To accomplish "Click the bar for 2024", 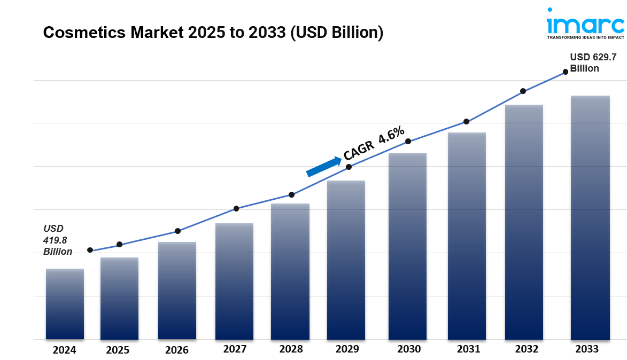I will pyautogui.click(x=65, y=304).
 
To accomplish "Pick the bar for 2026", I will pyautogui.click(x=177, y=291).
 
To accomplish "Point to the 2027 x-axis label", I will pyautogui.click(x=235, y=349).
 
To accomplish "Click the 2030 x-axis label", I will pyautogui.click(x=409, y=349).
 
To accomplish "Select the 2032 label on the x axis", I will pyautogui.click(x=527, y=349).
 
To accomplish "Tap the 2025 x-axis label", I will pyautogui.click(x=118, y=350).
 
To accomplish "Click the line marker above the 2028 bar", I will pyautogui.click(x=291, y=194).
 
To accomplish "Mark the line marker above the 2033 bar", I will pyautogui.click(x=566, y=72).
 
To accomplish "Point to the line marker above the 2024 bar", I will pyautogui.click(x=90, y=250).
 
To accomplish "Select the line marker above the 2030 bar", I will pyautogui.click(x=408, y=142).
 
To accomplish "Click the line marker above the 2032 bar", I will pyautogui.click(x=523, y=91).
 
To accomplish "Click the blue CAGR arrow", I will pyautogui.click(x=324, y=166).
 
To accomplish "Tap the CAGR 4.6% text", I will pyautogui.click(x=374, y=143).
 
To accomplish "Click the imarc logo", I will pyautogui.click(x=585, y=24).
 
